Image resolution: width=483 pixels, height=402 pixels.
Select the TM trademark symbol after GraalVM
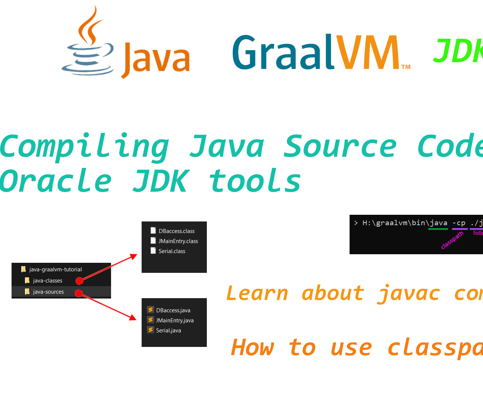pos(406,67)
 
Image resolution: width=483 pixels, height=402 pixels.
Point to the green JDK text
pos(458,51)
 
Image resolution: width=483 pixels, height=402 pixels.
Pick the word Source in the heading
pos(340,147)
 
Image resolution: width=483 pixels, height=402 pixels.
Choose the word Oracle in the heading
pos(56,181)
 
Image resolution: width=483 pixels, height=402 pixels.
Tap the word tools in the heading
pos(255,181)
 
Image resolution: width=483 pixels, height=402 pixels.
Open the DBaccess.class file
pos(176,231)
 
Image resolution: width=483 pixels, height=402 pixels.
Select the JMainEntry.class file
pos(178,241)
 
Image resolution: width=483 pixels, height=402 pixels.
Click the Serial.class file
pos(172,251)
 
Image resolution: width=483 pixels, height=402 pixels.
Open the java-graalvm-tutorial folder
pos(55,269)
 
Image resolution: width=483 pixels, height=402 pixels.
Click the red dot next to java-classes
pos(79,281)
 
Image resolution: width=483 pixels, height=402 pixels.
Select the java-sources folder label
pos(48,292)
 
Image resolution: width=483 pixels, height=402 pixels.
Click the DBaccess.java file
pos(173,310)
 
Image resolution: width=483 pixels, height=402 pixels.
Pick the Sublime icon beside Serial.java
pos(151,330)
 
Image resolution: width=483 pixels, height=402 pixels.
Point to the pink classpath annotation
pos(452,240)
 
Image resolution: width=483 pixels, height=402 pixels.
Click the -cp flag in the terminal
pos(459,223)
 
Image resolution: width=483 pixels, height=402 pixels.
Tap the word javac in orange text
pos(408,294)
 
